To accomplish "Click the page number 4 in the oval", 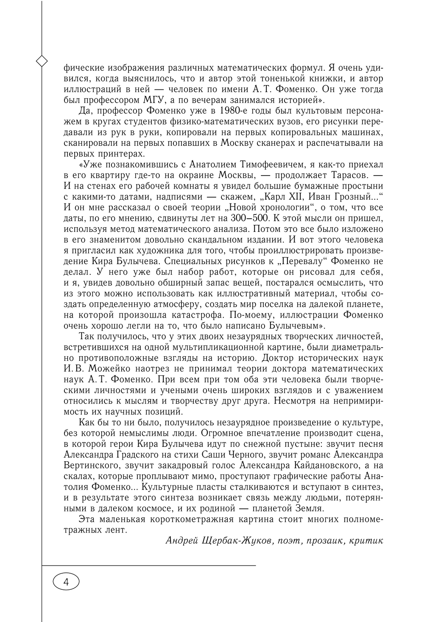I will coord(66,582).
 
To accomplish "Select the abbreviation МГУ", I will coord(153,100).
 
